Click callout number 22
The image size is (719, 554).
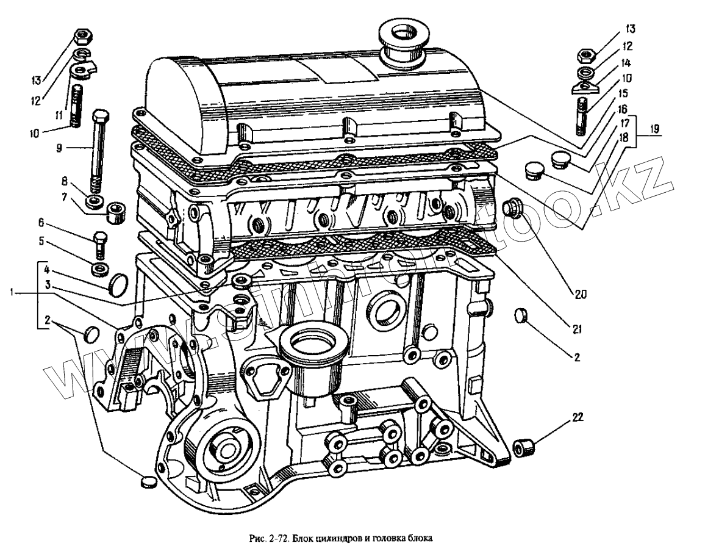click(x=578, y=418)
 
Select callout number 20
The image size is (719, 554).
click(x=579, y=294)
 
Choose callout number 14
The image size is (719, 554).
click(x=626, y=63)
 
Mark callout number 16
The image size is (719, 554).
click(x=623, y=109)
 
